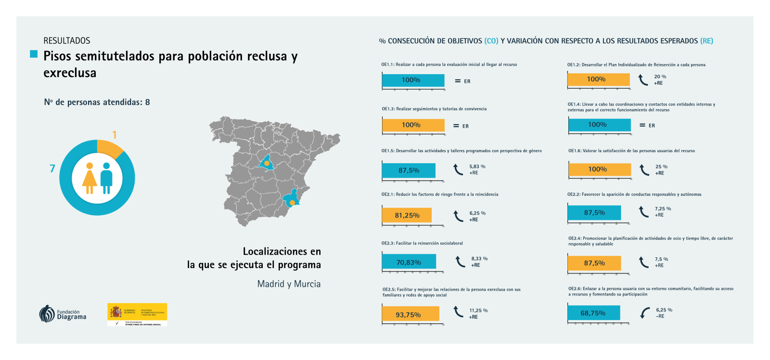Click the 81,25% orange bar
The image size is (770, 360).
[x=407, y=215]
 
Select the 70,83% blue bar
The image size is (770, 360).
[x=409, y=262]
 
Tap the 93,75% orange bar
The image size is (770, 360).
[x=411, y=314]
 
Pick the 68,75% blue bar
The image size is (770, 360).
[x=594, y=313]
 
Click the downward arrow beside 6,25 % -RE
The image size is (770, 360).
[x=645, y=313]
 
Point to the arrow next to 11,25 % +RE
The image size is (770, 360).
[x=459, y=312]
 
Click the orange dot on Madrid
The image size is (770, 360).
[x=267, y=163]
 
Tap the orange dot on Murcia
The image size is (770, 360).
[x=292, y=203]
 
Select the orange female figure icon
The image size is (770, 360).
[x=90, y=178]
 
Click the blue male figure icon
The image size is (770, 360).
[x=106, y=178]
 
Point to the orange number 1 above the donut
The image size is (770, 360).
[x=115, y=135]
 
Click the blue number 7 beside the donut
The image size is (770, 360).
[x=52, y=168]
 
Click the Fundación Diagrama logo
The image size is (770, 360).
[x=63, y=314]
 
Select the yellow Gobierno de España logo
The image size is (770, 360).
[x=137, y=314]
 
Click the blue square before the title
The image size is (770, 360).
[x=34, y=54]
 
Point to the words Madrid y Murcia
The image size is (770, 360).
[x=289, y=284]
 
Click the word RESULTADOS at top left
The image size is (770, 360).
[x=67, y=41]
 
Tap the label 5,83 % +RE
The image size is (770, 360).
[x=477, y=169]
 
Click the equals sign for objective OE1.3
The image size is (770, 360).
[x=456, y=126]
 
